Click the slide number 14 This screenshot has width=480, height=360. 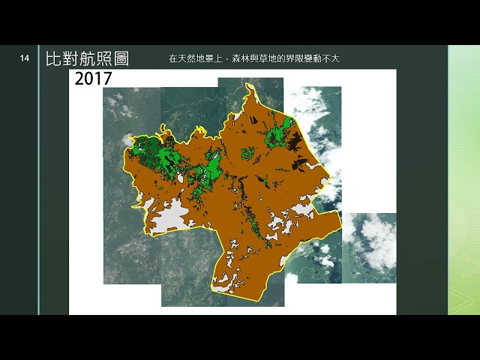[x=25, y=58]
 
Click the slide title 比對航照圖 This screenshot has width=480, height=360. [x=86, y=58]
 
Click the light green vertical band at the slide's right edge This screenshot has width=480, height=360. [x=463, y=180]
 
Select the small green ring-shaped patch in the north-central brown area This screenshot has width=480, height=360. [x=247, y=153]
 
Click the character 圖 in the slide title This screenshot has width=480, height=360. [x=118, y=58]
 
